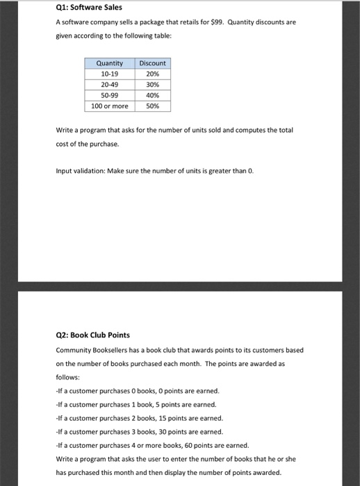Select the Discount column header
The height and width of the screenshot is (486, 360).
click(152, 63)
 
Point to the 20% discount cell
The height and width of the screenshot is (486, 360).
click(152, 74)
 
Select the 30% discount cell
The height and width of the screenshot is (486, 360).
click(152, 85)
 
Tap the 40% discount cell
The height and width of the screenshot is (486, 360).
click(152, 95)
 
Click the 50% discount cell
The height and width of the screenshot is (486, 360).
click(152, 106)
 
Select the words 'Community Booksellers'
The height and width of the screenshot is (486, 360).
click(90, 350)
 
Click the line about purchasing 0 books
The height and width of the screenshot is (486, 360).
click(138, 391)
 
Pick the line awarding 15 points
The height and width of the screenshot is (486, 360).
click(140, 418)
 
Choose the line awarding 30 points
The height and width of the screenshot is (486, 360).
click(140, 432)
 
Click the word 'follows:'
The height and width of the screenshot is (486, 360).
click(67, 378)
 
